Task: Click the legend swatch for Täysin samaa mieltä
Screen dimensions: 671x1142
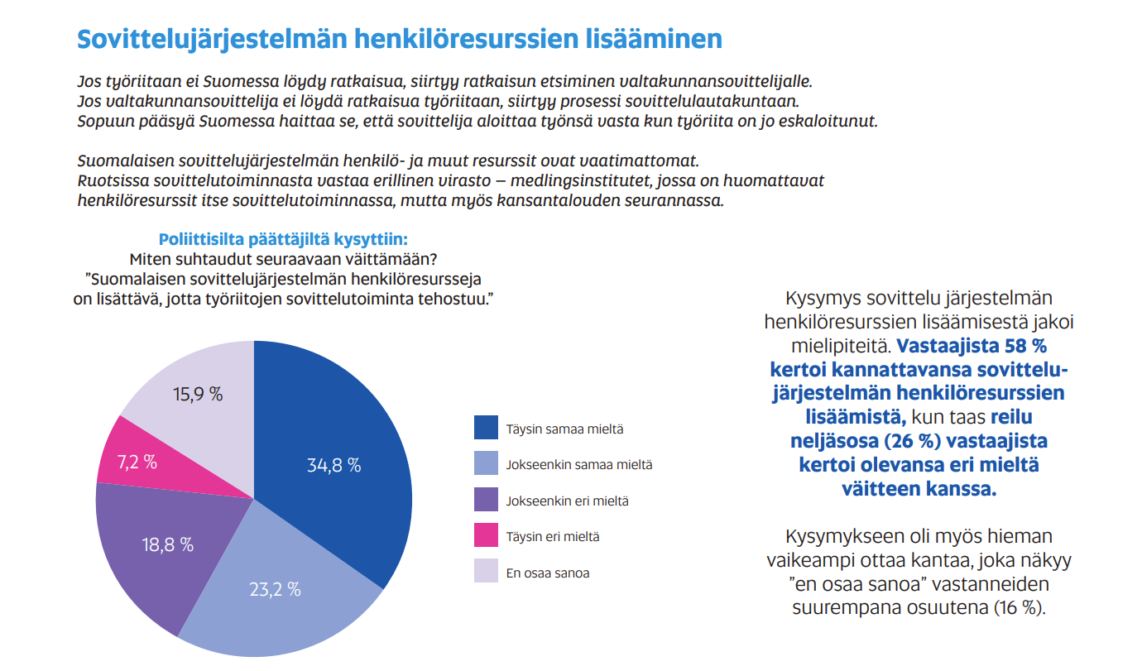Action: [486, 428]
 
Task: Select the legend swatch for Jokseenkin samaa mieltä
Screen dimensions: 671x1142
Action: [486, 463]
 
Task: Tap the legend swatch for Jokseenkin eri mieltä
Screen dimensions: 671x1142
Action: [486, 500]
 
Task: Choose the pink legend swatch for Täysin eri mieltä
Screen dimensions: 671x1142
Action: [486, 535]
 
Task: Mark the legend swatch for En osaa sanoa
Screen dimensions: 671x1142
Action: [486, 571]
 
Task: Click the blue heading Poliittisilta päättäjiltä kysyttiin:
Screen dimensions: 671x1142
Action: [283, 239]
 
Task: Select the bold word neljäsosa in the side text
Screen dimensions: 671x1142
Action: [832, 440]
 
